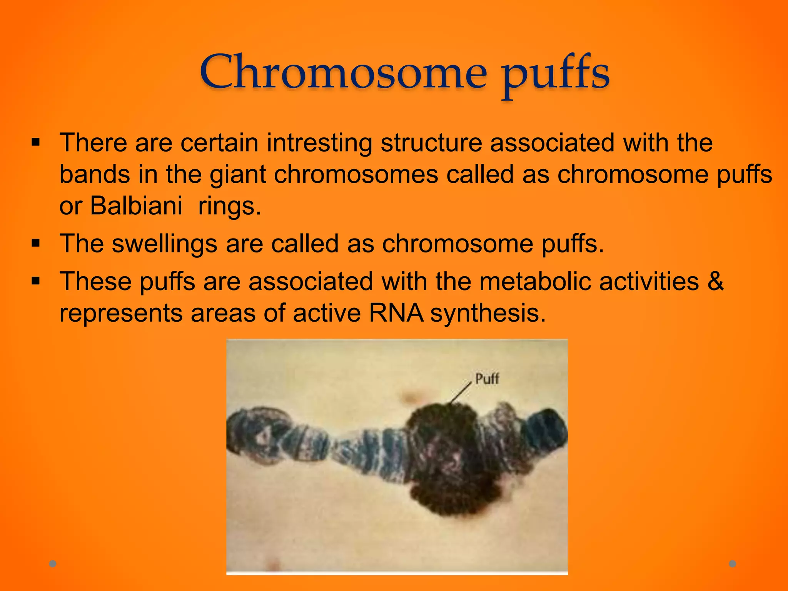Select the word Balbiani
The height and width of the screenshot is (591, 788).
point(136,205)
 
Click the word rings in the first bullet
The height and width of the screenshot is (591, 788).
point(229,207)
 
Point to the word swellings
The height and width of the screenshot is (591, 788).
point(164,244)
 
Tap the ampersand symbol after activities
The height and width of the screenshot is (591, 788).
point(715,281)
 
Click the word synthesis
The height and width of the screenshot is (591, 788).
point(487,314)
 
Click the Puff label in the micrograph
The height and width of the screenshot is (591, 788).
point(487,379)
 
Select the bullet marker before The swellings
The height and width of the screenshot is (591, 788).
point(36,244)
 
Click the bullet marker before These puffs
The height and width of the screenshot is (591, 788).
point(36,281)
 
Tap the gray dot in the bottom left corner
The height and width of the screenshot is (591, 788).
point(53,564)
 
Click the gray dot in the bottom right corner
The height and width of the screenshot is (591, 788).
point(733,564)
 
